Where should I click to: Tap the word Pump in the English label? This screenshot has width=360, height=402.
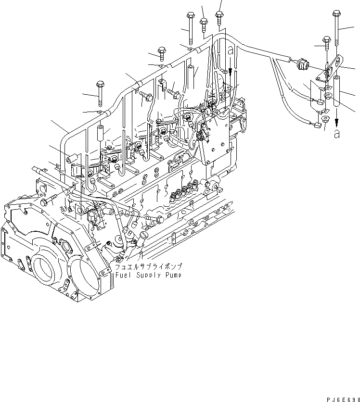172,275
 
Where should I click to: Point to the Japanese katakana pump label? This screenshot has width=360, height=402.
147,266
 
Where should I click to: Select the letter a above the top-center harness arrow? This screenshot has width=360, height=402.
230,51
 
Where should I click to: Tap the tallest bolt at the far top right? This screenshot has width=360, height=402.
335,26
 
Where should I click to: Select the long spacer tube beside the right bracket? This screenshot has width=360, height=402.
336,91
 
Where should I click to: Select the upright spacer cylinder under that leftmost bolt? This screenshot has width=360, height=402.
101,132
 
